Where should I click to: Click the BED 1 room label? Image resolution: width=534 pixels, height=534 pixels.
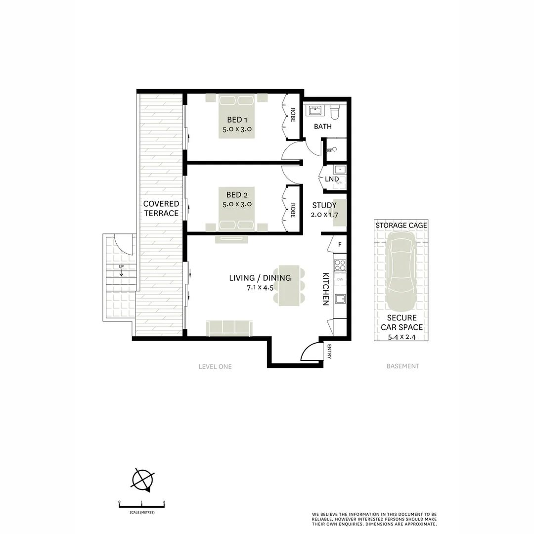(x=235, y=120)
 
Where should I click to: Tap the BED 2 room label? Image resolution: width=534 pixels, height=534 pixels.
(x=235, y=195)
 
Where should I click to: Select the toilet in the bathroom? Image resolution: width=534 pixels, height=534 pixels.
(x=335, y=111)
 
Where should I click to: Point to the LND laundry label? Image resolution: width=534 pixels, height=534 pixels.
(x=332, y=179)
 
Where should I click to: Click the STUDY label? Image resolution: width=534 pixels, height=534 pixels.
(x=324, y=205)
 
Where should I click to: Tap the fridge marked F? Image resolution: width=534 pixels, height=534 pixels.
(x=340, y=244)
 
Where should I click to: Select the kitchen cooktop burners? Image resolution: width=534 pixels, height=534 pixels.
(x=340, y=266)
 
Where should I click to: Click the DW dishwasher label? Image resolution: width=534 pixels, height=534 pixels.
(x=340, y=280)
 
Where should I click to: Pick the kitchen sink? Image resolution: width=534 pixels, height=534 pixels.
(x=340, y=298)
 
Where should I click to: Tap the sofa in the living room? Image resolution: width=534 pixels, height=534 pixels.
(x=230, y=327)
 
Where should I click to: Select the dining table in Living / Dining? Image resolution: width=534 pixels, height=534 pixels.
(x=289, y=285)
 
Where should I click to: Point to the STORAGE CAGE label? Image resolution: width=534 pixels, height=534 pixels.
(x=401, y=225)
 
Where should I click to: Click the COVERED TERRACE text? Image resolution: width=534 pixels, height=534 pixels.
(x=161, y=209)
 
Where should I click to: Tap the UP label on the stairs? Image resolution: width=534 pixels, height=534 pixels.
(x=121, y=267)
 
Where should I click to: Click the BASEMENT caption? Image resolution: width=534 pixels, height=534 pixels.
(x=402, y=366)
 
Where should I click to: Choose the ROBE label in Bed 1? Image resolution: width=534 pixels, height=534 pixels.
(x=293, y=115)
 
